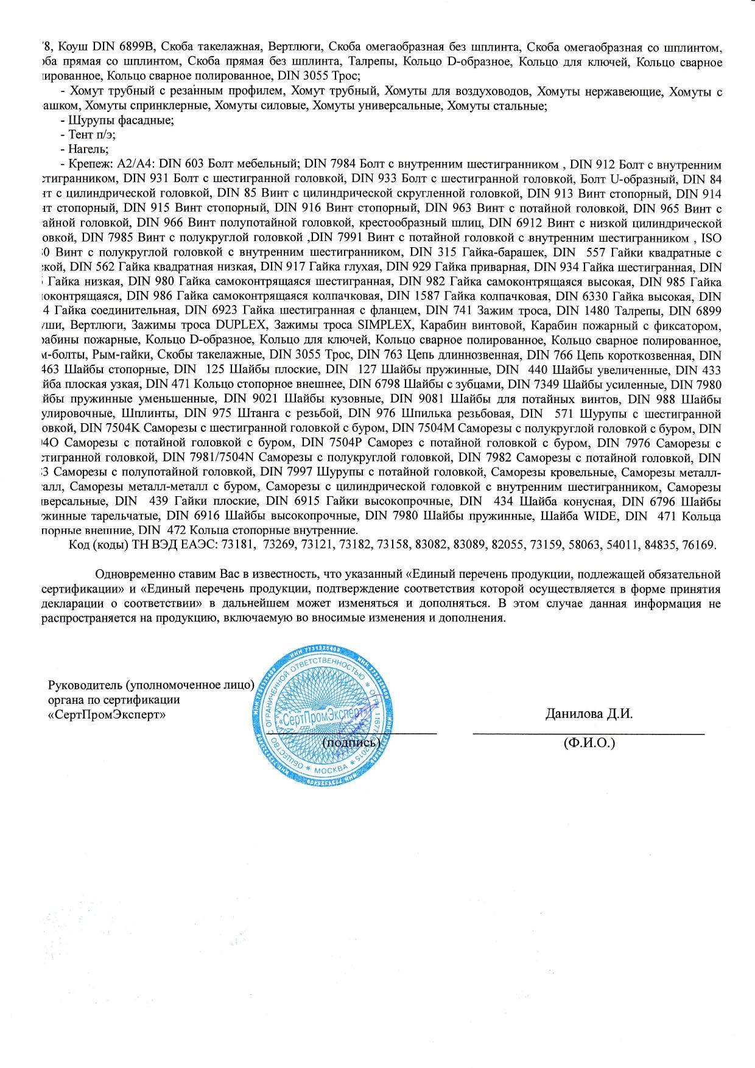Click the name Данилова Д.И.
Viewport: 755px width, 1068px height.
coord(589,714)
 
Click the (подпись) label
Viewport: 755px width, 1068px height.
coord(351,742)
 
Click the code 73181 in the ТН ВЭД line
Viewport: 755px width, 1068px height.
coord(238,545)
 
